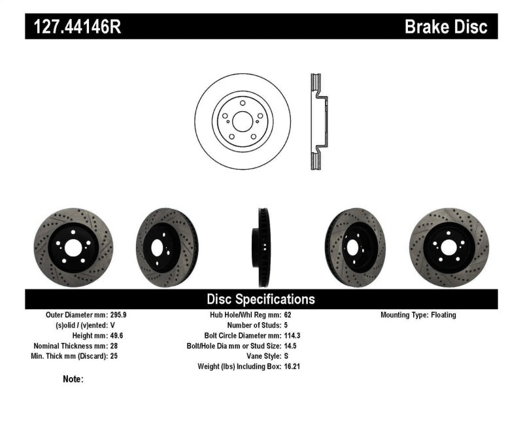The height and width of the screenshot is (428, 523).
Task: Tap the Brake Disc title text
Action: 446,27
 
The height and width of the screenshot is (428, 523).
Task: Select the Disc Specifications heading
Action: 261,299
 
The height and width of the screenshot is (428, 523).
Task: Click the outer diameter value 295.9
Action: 123,315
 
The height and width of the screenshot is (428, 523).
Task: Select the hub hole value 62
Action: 288,315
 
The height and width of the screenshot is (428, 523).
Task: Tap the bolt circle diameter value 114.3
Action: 292,336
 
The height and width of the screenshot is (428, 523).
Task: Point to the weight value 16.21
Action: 292,367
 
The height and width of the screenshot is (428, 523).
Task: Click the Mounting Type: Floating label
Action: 418,315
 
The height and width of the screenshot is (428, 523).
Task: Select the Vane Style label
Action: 261,357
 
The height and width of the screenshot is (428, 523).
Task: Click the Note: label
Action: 73,379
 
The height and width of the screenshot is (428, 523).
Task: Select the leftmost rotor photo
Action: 73,248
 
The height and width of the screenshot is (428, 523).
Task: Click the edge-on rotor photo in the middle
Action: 262,248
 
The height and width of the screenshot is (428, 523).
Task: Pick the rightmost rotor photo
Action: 449,248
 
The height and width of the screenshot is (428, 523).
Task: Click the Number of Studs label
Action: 254,325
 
